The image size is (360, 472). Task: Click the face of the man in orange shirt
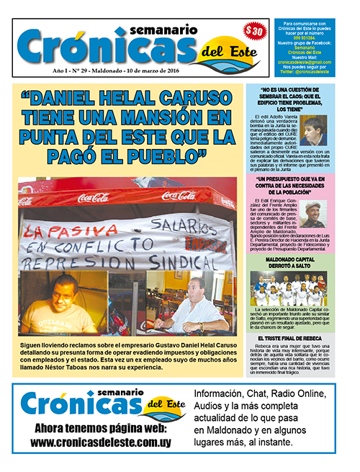coord(64,293)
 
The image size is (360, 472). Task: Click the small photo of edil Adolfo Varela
coord(315,130)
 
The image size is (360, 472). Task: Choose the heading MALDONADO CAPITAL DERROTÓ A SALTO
coord(294,259)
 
